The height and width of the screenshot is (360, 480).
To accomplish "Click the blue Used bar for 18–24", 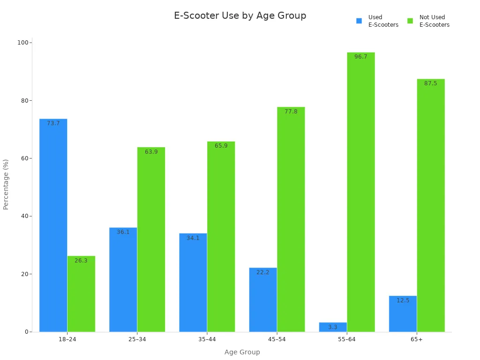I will [x=53, y=225].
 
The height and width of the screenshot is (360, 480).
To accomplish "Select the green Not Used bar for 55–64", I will [x=361, y=192].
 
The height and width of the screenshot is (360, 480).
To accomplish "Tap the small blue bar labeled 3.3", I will [x=333, y=327].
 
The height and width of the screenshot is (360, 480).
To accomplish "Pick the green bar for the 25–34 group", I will [x=151, y=239].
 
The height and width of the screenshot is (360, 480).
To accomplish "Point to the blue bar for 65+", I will [x=403, y=314].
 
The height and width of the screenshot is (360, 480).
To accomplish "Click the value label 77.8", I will [x=291, y=112].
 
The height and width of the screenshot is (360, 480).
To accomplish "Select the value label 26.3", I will [x=81, y=261].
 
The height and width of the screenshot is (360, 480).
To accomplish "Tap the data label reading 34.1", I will [x=193, y=238].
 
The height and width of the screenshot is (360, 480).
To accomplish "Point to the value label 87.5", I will [x=430, y=83].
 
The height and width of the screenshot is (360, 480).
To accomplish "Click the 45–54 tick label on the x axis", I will [x=277, y=339].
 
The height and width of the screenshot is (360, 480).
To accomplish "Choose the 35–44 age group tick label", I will [x=207, y=339].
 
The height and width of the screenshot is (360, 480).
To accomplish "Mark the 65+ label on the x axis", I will [x=417, y=339].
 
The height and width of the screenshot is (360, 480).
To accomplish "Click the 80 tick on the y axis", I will [x=24, y=101].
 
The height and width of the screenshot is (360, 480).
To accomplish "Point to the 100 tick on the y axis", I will [x=22, y=43].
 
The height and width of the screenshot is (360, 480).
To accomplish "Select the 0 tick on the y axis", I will [x=27, y=332].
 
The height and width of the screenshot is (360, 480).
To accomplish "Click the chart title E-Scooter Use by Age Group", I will [x=240, y=15].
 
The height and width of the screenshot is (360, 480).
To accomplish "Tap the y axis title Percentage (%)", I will [x=6, y=184].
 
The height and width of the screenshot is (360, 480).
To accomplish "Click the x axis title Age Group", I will [x=242, y=352].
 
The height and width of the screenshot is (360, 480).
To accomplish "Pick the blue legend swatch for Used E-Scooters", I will [x=359, y=21].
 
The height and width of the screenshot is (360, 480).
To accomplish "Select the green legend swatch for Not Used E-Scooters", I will [x=410, y=21].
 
